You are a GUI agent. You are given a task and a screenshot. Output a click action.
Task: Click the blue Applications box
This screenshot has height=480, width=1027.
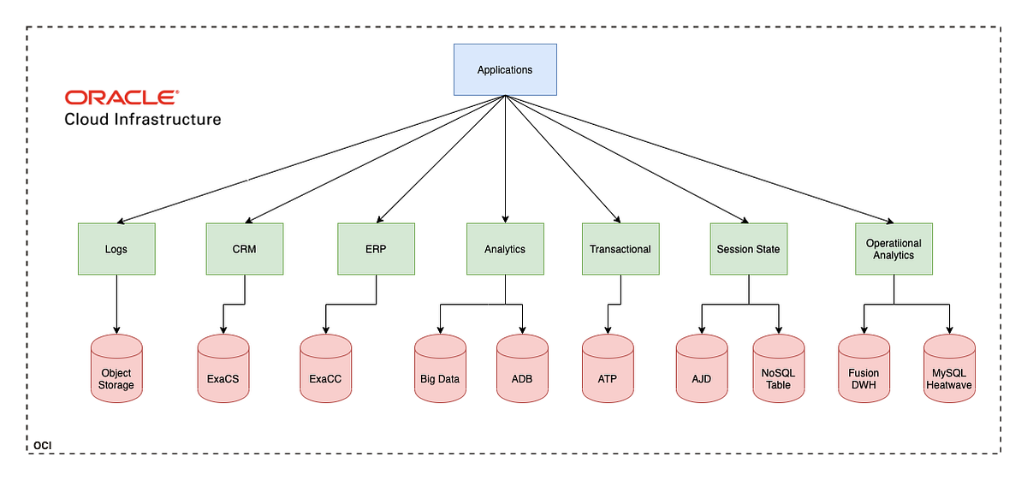pos(505,69)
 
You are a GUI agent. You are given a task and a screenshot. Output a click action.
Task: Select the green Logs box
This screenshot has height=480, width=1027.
pos(116,249)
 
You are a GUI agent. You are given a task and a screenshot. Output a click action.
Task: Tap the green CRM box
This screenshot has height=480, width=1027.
pos(245,249)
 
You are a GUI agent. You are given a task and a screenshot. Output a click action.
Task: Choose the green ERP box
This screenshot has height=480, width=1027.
pos(376,249)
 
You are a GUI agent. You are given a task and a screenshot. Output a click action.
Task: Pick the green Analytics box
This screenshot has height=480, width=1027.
pos(505,249)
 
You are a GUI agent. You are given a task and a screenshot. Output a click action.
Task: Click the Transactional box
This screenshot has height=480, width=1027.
pos(620,249)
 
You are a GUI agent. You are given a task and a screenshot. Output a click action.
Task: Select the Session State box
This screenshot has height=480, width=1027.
pos(748,249)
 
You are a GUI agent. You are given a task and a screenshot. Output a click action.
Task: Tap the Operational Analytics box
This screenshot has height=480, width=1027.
pos(893,249)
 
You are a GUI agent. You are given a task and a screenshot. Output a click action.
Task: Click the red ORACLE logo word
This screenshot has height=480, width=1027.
pos(122,98)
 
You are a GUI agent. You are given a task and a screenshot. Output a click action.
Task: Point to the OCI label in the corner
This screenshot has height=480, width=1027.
pos(44,446)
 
